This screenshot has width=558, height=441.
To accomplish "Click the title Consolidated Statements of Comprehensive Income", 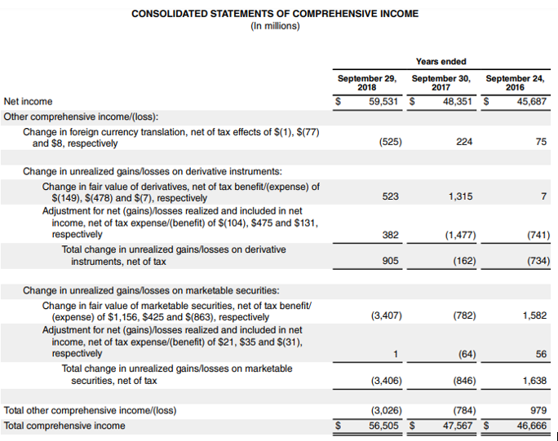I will coord(275,14).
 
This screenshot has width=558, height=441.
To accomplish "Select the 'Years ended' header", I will coord(441,61).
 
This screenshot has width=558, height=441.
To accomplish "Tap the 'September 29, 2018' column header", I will coord(367,82).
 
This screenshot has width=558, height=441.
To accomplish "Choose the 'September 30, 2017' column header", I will coord(441,82).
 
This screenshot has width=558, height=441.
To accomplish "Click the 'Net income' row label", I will coord(28,101).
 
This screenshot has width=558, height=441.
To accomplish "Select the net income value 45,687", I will coord(529,102).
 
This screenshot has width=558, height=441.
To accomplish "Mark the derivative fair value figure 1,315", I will coord(461,196).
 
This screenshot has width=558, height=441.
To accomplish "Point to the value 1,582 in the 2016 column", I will coord(534,315).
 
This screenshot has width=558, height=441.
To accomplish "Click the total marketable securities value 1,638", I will coord(534,379).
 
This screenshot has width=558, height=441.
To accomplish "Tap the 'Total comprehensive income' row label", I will coord(64,426).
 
